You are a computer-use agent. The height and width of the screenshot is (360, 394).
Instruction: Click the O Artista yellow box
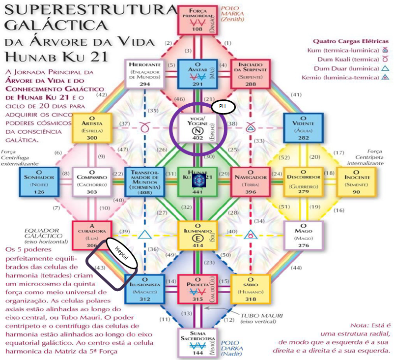pos(91,128)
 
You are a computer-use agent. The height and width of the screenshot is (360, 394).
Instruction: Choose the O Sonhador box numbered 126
pos(38,181)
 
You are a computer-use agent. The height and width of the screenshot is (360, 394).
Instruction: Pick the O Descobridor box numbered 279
pos(303,181)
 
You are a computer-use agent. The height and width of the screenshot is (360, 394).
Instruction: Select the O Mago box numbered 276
pos(303,235)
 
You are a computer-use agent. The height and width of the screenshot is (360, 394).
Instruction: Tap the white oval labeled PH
pos(223,106)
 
